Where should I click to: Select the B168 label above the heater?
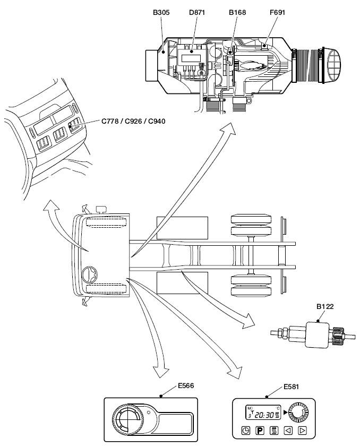click(237, 12)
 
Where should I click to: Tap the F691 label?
click(276, 12)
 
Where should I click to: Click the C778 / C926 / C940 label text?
click(133, 121)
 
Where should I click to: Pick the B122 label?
click(324, 306)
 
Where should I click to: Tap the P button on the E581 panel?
click(260, 430)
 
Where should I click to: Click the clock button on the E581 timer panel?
click(246, 430)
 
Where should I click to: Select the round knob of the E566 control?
click(127, 421)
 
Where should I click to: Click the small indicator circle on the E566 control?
click(149, 412)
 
